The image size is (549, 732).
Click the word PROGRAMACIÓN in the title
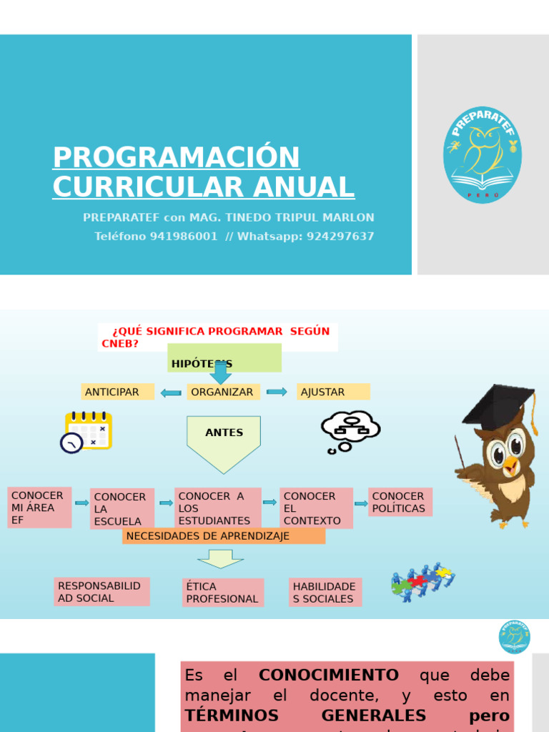176,157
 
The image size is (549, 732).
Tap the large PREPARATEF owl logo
482,155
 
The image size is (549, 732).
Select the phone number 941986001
184,236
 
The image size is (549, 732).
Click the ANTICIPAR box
117,392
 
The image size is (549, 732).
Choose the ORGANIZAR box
223,392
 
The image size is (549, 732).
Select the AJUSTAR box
333,392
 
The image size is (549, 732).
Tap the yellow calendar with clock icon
86,432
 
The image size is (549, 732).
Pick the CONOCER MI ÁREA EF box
39,508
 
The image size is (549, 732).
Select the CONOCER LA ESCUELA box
122,509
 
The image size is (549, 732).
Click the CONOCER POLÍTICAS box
400,502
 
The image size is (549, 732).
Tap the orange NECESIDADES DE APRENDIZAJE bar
223,536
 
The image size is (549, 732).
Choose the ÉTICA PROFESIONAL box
222,593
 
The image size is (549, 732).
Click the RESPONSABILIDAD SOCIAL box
102,592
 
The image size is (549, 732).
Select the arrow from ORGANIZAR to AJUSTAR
277,392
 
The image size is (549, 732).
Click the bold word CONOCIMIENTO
328,676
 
